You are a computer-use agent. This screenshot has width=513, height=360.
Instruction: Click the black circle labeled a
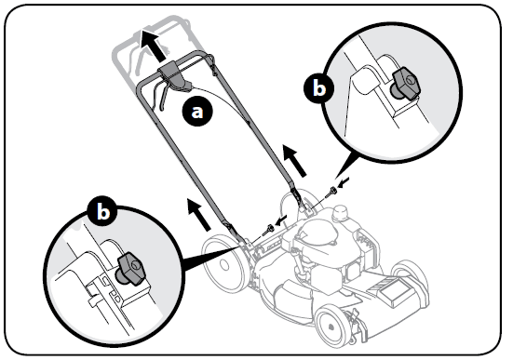point(196,111)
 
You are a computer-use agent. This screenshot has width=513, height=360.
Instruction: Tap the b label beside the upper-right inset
point(318,89)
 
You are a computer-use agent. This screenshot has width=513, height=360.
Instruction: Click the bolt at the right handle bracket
point(331,191)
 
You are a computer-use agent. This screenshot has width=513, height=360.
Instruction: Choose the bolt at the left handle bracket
point(267,227)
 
